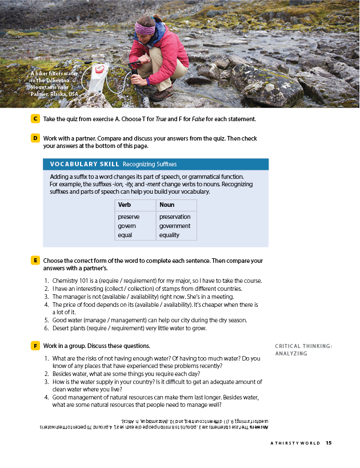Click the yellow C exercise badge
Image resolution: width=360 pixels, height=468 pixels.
coord(35,119)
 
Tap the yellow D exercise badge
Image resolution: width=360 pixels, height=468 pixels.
coord(35,138)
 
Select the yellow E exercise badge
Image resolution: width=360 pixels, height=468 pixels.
coord(35,261)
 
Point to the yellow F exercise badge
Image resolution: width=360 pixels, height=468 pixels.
coord(35,346)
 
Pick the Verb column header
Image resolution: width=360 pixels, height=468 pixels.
coord(125,205)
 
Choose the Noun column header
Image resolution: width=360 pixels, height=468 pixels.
coord(167,205)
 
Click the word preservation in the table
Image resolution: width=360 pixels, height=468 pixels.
coord(175,217)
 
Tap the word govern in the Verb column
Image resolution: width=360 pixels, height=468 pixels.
coord(127,226)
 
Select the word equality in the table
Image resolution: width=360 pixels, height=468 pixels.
coord(170,235)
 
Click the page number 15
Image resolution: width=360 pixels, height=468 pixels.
coord(329,443)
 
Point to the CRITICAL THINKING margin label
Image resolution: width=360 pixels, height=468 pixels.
coord(303,346)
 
